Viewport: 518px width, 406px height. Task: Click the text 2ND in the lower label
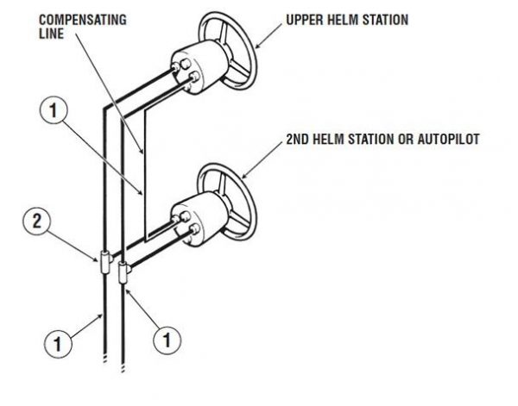tap(295, 139)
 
